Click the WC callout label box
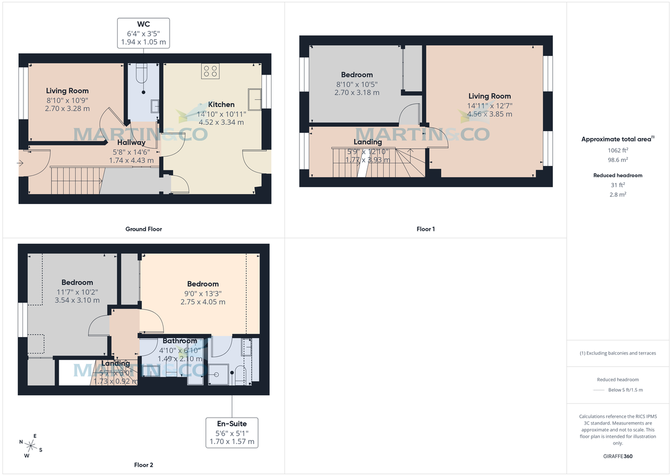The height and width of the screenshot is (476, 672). point(143,33)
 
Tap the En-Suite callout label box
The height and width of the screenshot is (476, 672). point(232,432)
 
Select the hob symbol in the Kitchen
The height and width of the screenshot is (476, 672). point(211,71)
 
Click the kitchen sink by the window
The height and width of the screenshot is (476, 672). point(256,98)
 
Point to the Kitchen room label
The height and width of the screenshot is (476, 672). point(221,104)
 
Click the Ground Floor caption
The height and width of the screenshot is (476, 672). point(143,229)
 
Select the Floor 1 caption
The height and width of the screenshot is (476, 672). point(426,229)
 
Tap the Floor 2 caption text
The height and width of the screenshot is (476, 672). point(143,465)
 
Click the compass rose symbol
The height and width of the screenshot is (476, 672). point(31,446)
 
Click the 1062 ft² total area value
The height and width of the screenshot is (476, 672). point(618,150)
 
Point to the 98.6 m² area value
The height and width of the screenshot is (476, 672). point(618,160)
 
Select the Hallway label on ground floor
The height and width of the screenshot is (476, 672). point(131,142)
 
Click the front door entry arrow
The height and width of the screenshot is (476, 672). point(21,163)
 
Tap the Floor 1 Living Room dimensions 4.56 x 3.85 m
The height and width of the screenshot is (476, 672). point(489,114)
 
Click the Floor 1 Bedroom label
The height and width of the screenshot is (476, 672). point(357,75)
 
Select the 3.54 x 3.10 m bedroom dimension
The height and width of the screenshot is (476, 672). point(77,301)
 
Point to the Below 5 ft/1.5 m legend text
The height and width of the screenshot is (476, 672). point(626,390)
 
